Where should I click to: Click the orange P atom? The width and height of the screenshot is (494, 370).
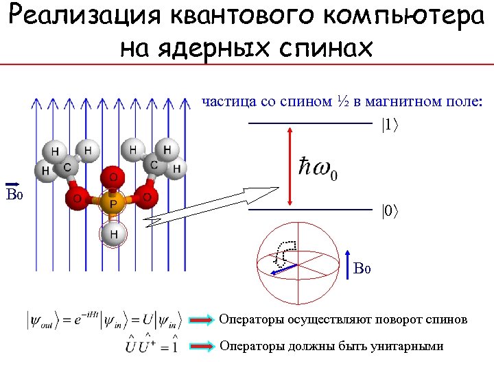coord(113,203)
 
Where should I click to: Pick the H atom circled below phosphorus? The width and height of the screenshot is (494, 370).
coord(114,234)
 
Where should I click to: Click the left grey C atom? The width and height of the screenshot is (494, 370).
coord(68,166)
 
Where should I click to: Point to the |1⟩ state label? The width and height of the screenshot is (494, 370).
coord(389,125)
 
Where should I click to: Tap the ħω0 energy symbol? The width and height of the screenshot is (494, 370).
coord(318,169)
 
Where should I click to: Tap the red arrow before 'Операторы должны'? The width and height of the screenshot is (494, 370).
coord(202,347)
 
